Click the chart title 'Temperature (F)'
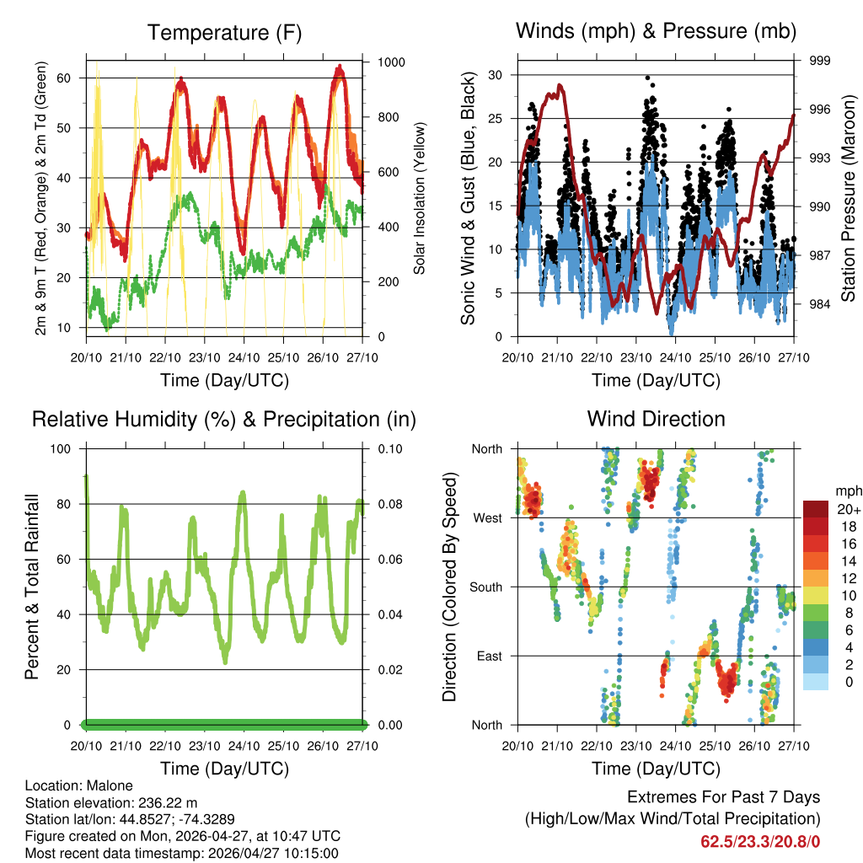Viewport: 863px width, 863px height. pos(224,33)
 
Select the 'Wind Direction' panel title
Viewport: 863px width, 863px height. pos(656,419)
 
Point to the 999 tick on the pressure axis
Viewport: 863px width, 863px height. pos(820,61)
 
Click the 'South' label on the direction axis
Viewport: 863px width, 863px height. pos(485,587)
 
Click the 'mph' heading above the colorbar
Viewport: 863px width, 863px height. pos(847,490)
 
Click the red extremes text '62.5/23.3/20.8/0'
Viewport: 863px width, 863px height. pos(760,841)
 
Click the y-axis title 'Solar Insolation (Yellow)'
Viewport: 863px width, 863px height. pos(419,198)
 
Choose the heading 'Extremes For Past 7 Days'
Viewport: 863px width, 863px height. pos(723,797)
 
